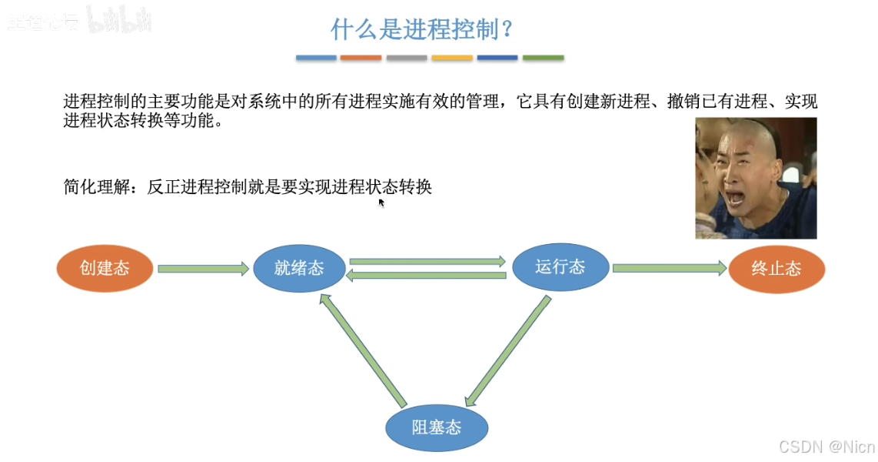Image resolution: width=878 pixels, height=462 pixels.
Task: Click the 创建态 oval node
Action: point(105,268)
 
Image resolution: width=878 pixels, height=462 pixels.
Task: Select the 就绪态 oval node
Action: point(299,268)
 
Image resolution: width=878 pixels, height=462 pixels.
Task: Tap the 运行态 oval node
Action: point(560,267)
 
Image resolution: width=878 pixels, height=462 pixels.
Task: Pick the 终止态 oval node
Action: point(777,269)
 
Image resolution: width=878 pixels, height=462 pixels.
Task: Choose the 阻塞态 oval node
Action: point(437,427)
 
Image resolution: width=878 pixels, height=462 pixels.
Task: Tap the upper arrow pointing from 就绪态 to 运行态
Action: point(427,261)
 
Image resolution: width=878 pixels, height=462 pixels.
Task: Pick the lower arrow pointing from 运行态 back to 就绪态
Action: point(427,275)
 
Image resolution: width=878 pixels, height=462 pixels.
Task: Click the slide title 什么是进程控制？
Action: point(422,30)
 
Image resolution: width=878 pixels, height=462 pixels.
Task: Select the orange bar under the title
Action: point(361,58)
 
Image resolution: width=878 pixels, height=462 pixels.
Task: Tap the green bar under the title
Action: point(543,58)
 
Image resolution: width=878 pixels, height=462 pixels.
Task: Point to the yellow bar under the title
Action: point(452,58)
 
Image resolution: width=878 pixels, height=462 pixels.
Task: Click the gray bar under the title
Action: point(407,58)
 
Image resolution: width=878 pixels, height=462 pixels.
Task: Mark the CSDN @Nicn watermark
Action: point(826,447)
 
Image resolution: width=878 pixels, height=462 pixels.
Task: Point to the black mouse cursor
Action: point(381,203)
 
